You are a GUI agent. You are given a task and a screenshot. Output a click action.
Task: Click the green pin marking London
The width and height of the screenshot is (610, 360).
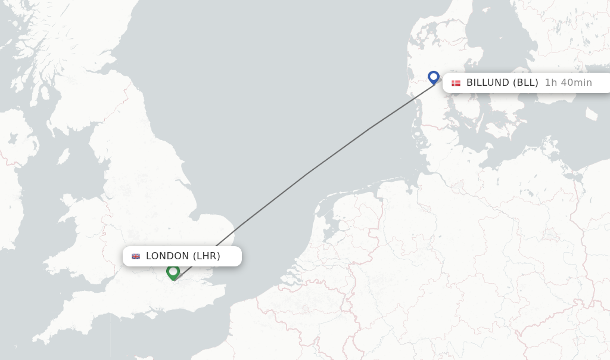173,272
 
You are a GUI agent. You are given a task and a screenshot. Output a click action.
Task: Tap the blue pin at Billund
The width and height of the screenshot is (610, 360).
434,77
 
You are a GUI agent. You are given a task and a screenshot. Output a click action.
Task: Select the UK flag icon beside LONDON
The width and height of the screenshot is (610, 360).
136,256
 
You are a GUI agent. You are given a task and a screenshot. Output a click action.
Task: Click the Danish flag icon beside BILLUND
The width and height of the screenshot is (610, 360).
456,83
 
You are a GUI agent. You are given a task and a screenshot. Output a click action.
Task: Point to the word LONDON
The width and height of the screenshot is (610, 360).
167,256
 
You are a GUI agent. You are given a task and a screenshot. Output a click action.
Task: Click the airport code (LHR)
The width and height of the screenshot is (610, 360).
206,256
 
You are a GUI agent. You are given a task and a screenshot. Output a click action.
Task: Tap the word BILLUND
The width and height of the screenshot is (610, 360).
488,83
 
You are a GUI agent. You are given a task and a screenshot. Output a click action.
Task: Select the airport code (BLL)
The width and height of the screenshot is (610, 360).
526,83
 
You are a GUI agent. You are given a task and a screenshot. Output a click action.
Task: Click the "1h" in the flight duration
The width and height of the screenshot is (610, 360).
551,83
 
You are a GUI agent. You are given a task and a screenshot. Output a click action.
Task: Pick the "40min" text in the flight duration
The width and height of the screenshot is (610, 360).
576,83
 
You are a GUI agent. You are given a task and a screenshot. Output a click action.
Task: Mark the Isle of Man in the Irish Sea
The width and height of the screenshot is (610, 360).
63,157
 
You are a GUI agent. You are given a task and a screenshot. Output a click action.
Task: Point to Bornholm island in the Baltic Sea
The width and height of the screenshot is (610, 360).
591,113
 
